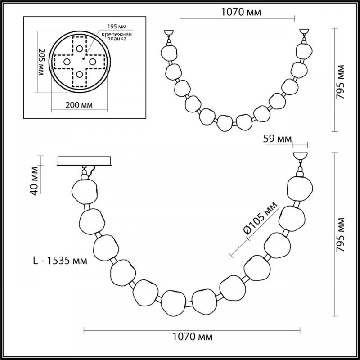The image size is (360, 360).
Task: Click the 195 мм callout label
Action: point(117,27)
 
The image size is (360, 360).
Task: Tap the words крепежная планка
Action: point(117,36)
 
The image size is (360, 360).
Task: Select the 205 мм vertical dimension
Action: point(41,62)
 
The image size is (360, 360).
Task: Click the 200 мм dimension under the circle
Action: point(79,105)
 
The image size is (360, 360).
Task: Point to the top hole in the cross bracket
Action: point(80,49)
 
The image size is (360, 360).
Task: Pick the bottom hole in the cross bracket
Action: point(80,74)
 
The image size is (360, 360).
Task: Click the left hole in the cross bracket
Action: point(67,62)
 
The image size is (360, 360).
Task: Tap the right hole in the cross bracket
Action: point(93,62)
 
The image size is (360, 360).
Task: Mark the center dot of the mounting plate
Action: point(84,59)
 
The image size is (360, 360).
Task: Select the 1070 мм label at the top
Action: point(241,12)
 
